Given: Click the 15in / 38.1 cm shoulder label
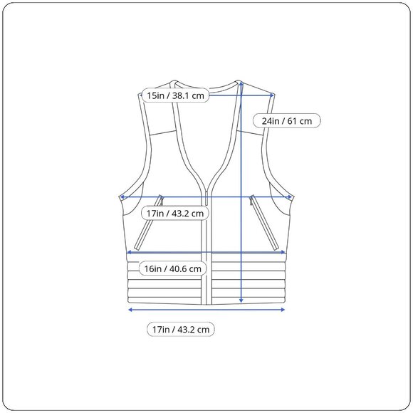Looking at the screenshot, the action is click(x=175, y=95).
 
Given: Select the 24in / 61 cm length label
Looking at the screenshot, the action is click(x=287, y=121).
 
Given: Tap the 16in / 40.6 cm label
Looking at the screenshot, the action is click(x=172, y=268).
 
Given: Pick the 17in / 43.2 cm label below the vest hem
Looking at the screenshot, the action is click(x=181, y=329).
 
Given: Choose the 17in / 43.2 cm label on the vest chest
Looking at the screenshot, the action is click(x=175, y=213).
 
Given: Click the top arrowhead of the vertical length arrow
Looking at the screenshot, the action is click(x=241, y=83).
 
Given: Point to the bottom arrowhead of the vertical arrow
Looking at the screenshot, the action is click(x=241, y=300).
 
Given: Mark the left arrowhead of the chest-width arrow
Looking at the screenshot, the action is click(x=122, y=197).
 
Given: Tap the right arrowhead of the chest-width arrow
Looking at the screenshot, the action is click(x=290, y=197).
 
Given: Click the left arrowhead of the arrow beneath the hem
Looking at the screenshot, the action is click(x=130, y=310).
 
